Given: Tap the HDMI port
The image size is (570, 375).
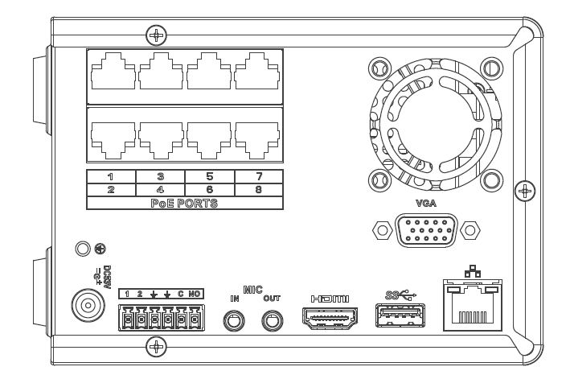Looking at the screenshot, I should point(329,319).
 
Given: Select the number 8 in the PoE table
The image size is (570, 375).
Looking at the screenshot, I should point(258,189).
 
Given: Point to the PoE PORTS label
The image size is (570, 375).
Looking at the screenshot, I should point(184,203).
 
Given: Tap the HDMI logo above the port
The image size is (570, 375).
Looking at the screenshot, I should point(329,299).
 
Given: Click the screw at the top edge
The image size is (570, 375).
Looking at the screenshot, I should point(158,35).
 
